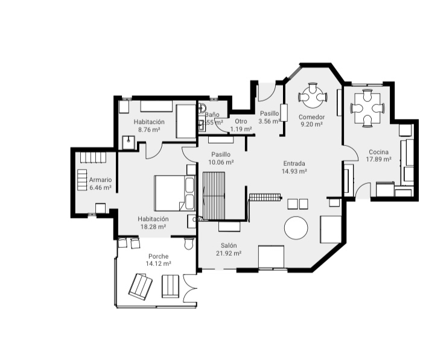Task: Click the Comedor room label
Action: click(312, 117)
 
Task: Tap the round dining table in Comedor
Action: click(312, 95)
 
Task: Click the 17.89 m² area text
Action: click(379, 160)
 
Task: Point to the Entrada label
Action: click(294, 163)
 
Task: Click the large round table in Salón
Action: click(296, 228)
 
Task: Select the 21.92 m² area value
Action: click(229, 254)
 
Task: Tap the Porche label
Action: click(158, 256)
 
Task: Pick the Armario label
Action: click(100, 180)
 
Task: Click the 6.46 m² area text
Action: click(100, 188)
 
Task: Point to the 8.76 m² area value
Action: click(149, 130)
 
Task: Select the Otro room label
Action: click(241, 121)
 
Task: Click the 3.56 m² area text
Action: click(269, 121)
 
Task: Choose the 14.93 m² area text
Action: click(294, 171)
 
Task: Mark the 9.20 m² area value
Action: click(312, 125)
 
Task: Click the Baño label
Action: click(212, 115)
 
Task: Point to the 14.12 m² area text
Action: click(158, 264)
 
